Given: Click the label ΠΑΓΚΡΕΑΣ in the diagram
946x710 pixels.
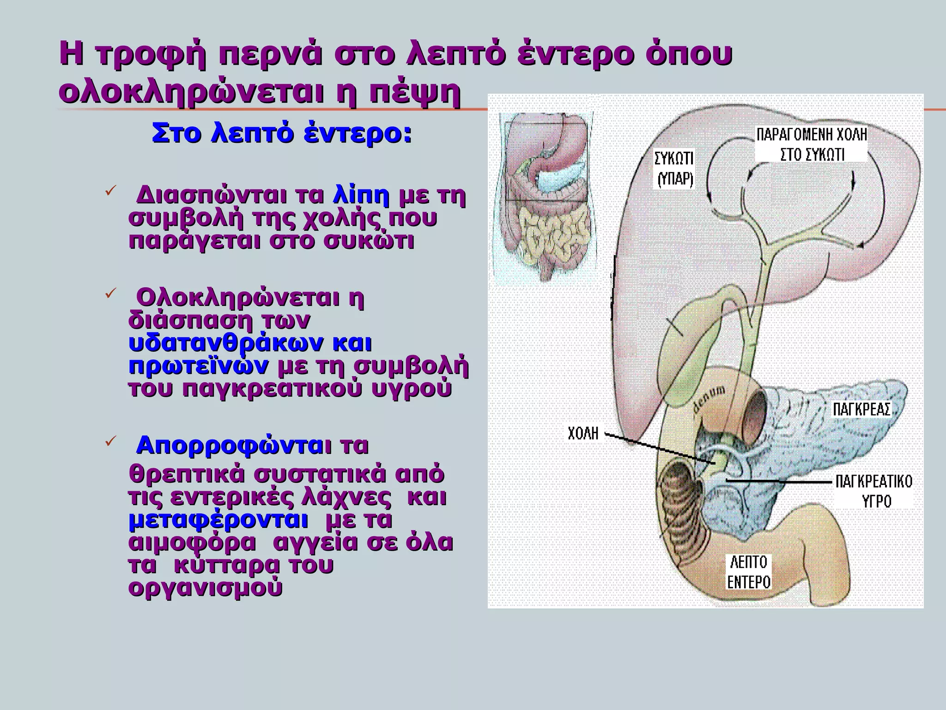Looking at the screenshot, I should tap(861, 410).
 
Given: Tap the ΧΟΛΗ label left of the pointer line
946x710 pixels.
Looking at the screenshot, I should tap(583, 434).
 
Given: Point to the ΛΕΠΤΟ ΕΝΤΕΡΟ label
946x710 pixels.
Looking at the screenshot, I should tap(749, 572).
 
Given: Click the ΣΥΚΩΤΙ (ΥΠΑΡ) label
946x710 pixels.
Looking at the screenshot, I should tap(674, 168).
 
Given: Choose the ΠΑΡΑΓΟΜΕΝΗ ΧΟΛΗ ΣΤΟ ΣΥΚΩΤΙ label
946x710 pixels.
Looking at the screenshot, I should tap(812, 144).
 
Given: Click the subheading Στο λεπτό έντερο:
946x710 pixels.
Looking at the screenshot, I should tap(281, 134).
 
